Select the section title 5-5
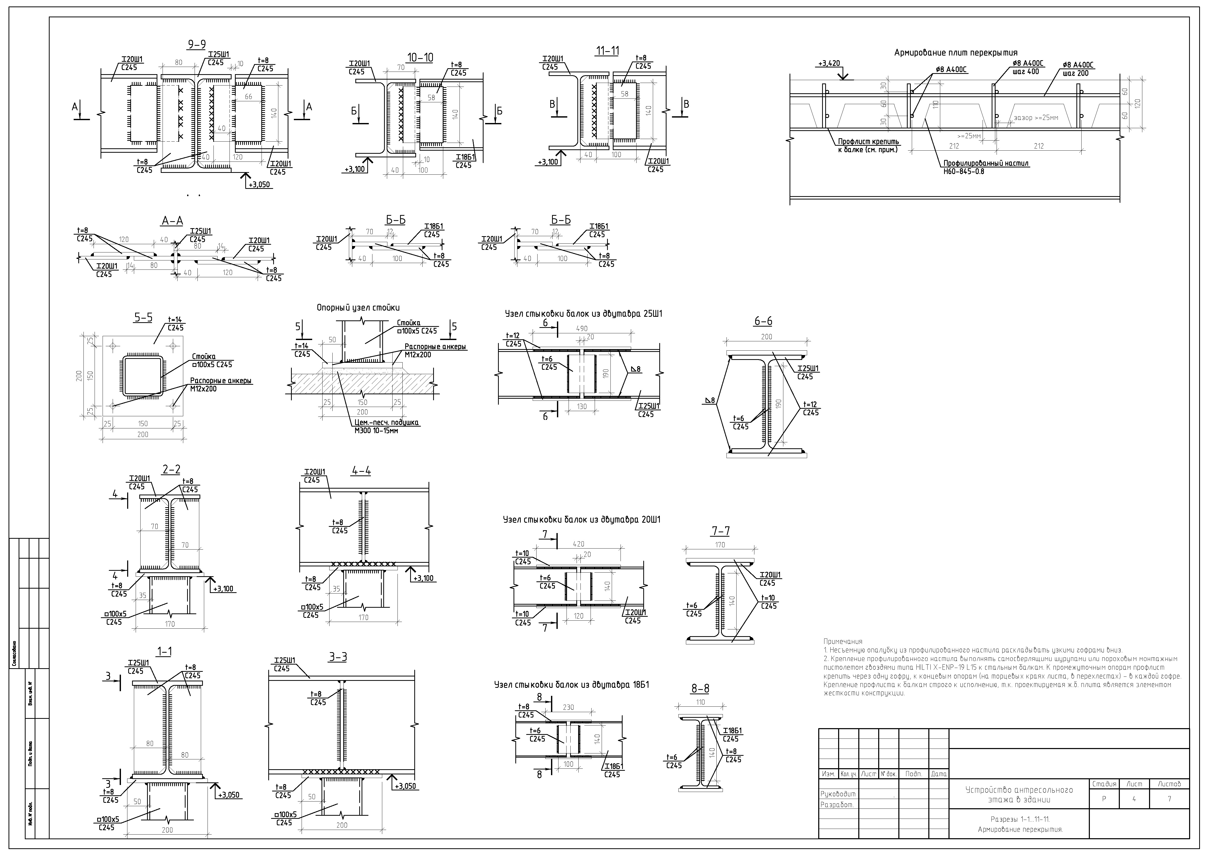[143, 318]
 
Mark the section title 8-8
[700, 689]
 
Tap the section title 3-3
[338, 657]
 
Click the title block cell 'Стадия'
[1104, 784]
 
